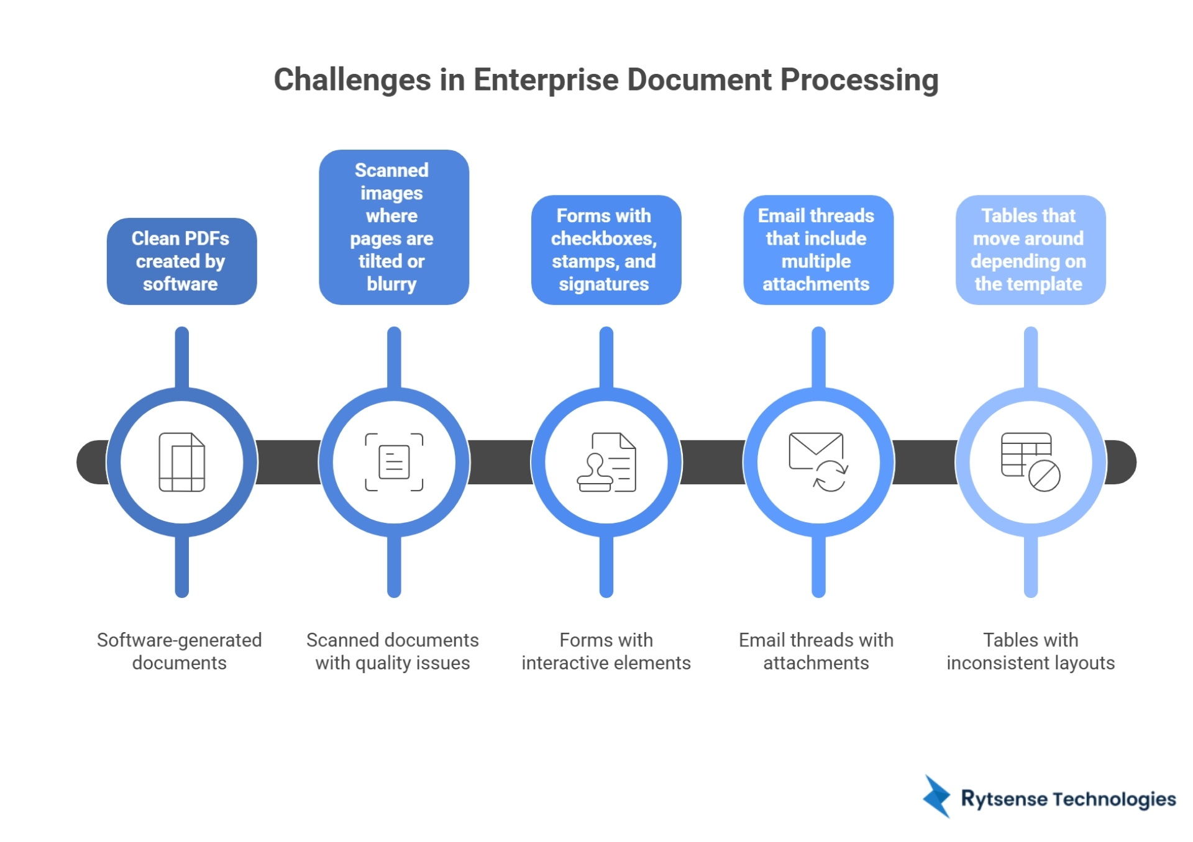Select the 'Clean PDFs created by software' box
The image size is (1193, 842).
click(181, 261)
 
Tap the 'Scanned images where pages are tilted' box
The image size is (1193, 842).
click(393, 227)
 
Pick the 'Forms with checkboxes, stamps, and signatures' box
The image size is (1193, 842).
click(606, 250)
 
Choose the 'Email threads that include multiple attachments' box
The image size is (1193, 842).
click(818, 250)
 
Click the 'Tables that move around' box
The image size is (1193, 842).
click(1030, 250)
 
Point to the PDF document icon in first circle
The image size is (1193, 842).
click(181, 463)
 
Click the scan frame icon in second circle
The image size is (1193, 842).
click(394, 463)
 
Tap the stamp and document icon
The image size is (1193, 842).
click(606, 463)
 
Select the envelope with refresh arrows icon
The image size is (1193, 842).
click(818, 463)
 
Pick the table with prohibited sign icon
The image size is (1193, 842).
click(1030, 463)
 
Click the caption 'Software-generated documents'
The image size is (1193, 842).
click(180, 651)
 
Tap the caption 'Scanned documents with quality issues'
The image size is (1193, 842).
click(393, 651)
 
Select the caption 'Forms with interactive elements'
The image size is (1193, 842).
click(606, 651)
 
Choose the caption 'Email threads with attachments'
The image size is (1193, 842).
click(816, 651)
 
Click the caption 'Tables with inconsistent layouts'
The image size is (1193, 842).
click(1030, 651)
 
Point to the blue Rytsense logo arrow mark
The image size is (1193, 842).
click(937, 797)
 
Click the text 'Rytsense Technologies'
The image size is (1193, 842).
click(1068, 799)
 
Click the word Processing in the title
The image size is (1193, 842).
click(859, 80)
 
